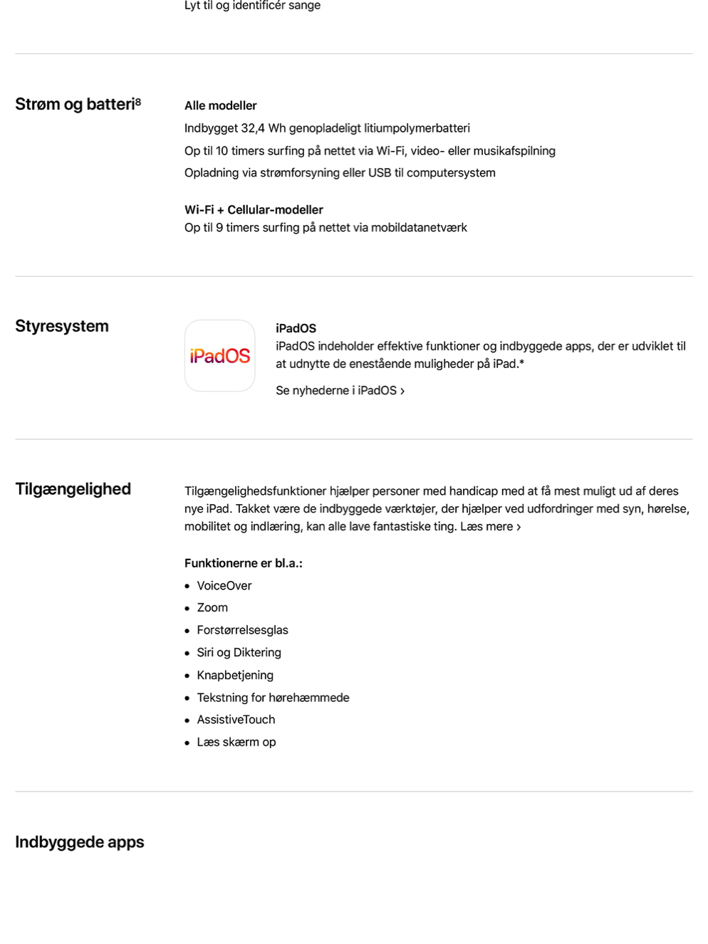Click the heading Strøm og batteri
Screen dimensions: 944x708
(74, 105)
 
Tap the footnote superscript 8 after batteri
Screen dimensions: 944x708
(138, 102)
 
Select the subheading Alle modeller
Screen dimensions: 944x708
(220, 105)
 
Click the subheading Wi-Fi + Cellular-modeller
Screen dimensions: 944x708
(254, 210)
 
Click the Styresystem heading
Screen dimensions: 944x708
(62, 326)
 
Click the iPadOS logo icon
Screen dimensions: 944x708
(219, 355)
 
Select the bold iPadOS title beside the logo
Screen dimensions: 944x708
(296, 328)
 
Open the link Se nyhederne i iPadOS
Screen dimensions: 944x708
(340, 391)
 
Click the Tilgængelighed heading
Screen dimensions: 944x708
(73, 489)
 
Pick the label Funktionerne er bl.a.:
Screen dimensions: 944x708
(243, 563)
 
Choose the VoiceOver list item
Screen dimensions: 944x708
(224, 586)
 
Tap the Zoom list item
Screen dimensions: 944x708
(212, 608)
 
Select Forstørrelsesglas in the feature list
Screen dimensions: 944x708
(242, 630)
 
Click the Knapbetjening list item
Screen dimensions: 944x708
(235, 675)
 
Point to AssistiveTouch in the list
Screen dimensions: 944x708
(236, 720)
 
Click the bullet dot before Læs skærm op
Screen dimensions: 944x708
(187, 743)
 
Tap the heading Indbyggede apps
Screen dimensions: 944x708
(80, 842)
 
